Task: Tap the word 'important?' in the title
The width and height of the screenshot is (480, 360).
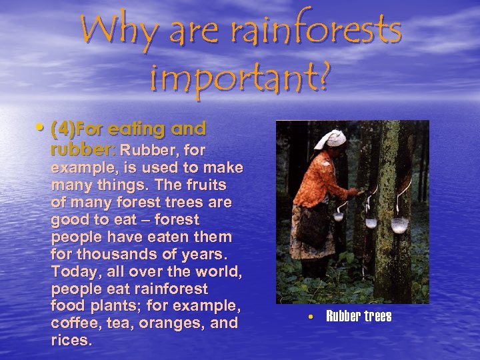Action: [x=240, y=77]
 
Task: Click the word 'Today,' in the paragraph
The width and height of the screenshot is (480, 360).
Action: [x=79, y=271]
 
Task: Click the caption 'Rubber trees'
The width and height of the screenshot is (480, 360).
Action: [x=359, y=316]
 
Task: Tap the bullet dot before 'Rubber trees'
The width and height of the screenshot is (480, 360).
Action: [x=310, y=316]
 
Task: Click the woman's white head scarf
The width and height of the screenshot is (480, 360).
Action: [x=331, y=139]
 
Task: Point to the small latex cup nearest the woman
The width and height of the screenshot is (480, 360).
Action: [x=339, y=215]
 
